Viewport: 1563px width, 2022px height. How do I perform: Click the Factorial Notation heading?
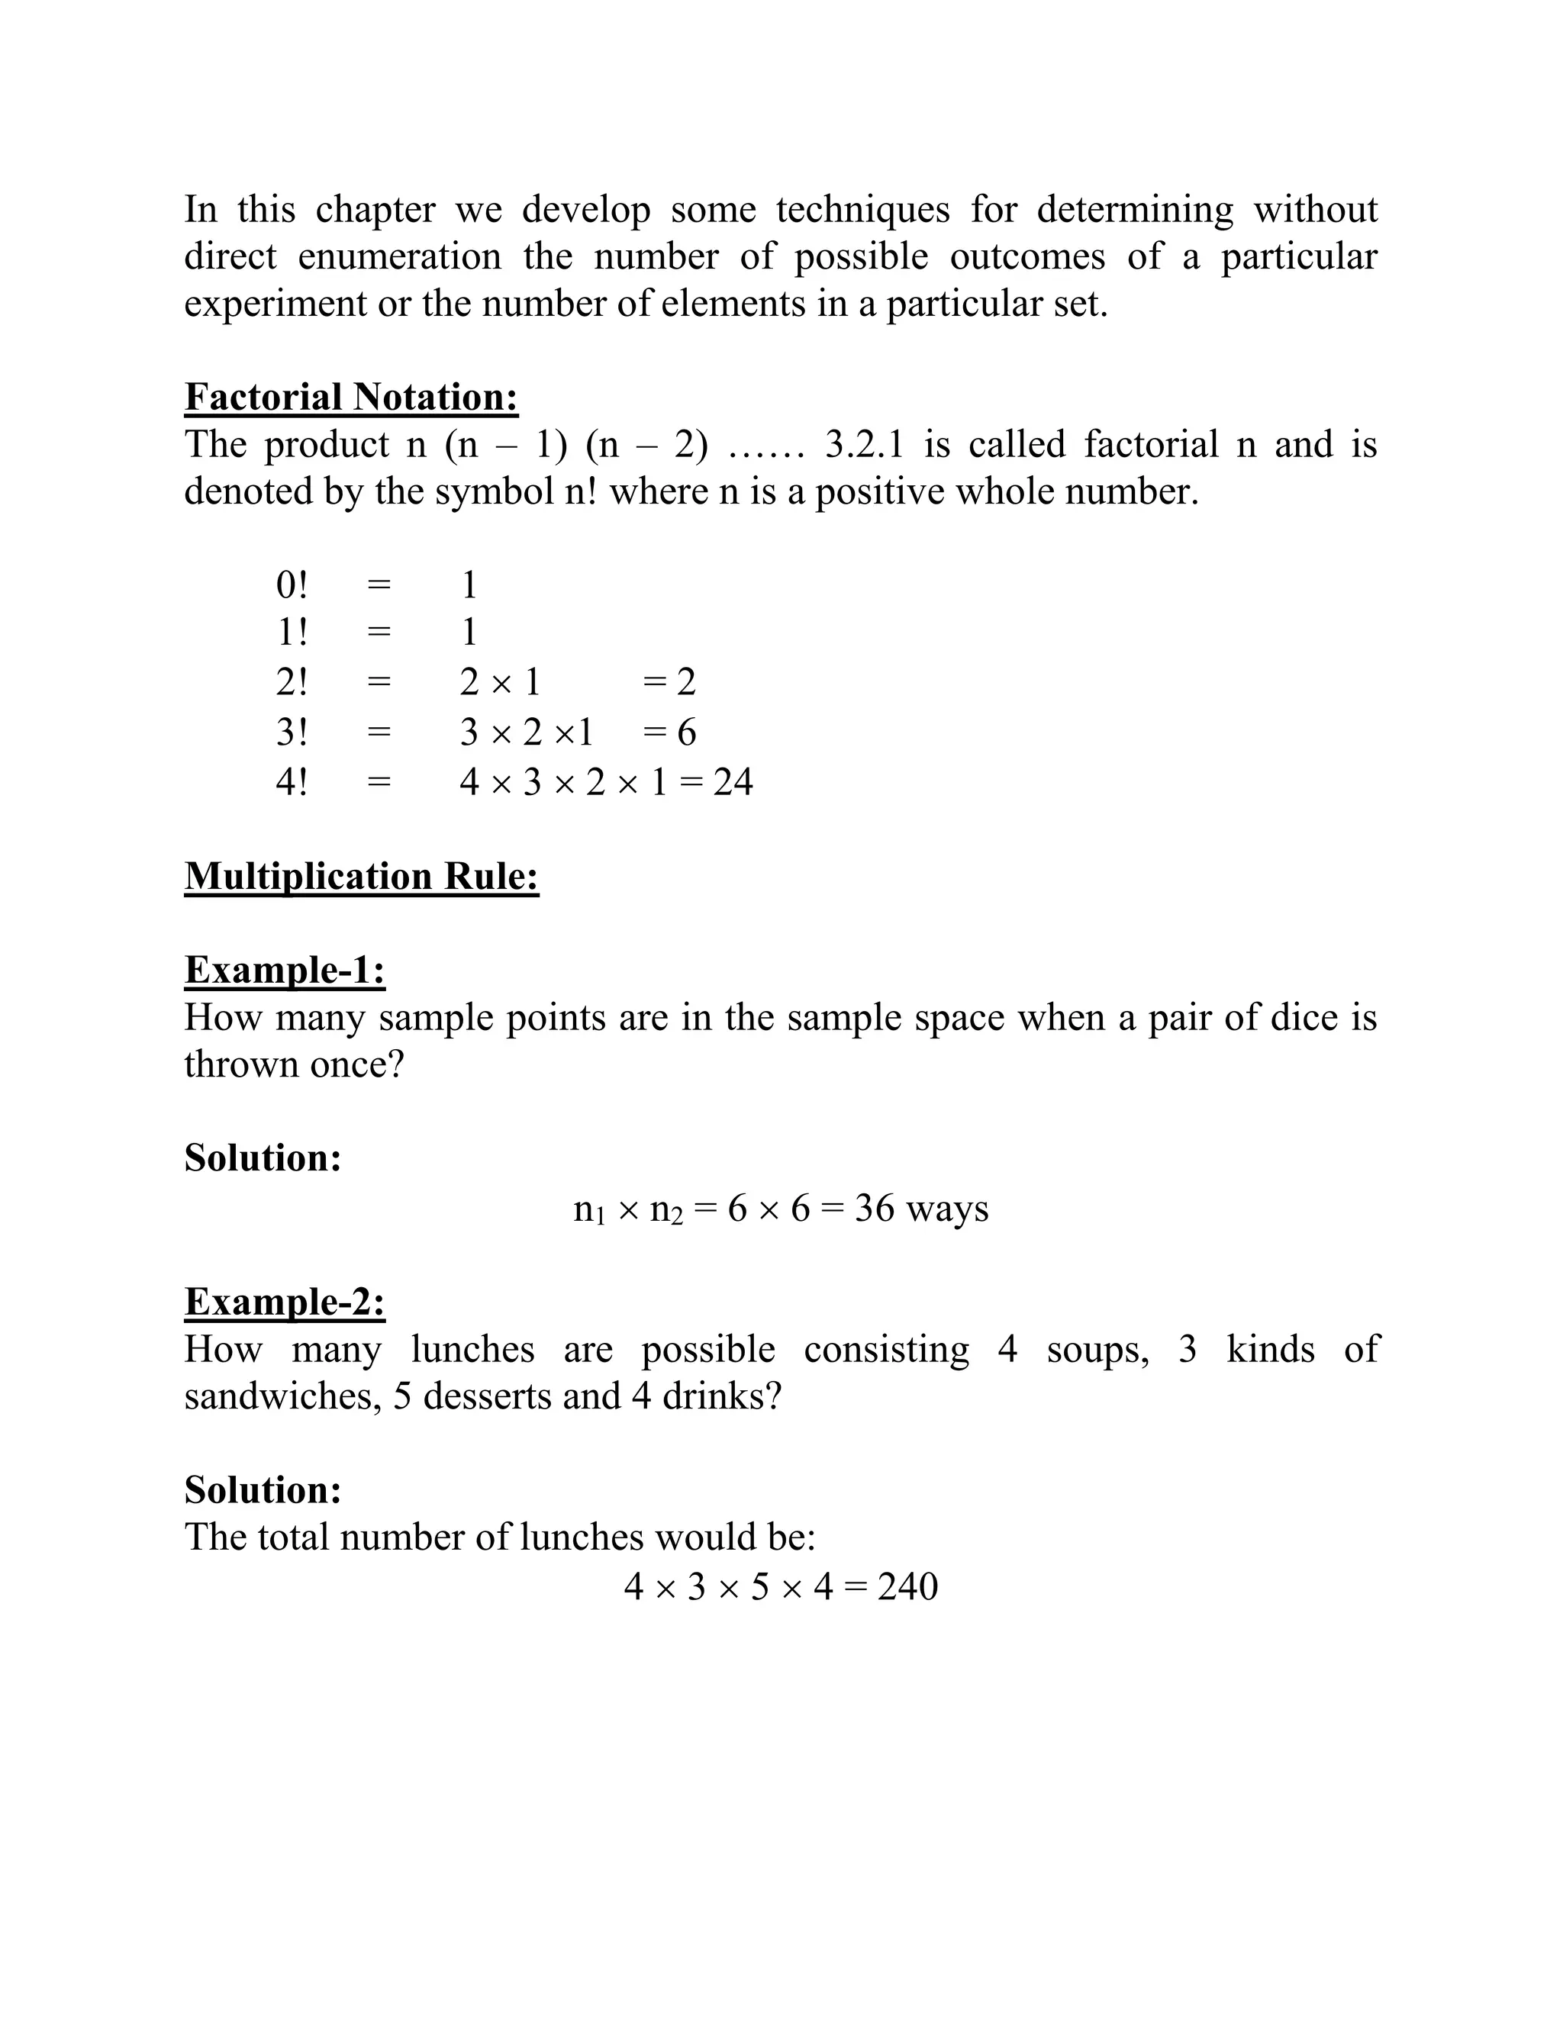(351, 398)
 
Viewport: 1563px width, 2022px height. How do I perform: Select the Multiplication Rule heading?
(361, 876)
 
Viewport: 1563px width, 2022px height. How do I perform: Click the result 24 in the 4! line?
(733, 782)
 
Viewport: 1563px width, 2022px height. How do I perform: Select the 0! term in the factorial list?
(291, 585)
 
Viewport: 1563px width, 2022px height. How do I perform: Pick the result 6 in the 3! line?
(686, 732)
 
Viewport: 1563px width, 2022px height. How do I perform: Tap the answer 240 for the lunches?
(907, 1586)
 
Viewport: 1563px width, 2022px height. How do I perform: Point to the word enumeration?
(399, 256)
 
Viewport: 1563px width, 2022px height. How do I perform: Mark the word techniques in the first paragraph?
(862, 209)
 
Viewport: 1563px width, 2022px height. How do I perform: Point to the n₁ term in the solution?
(589, 1209)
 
